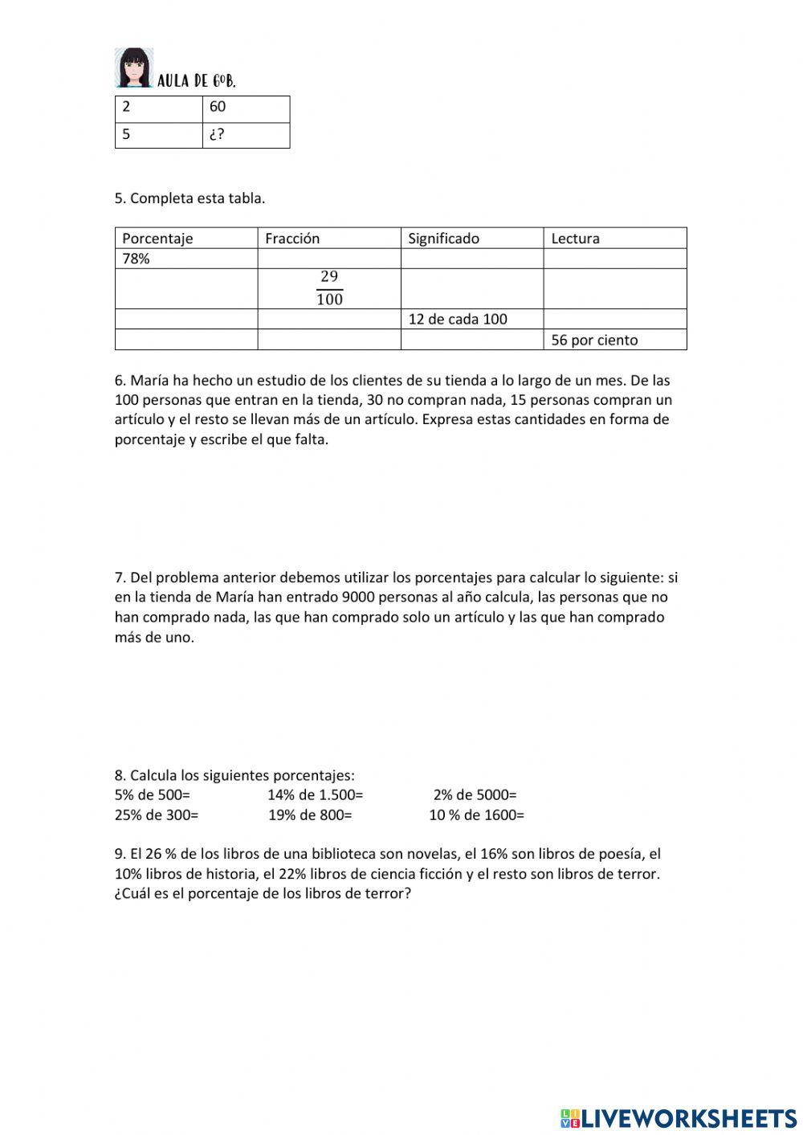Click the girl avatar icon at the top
tap(133, 67)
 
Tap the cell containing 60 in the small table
tap(246, 108)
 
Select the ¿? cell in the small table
tap(246, 135)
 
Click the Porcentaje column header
tap(157, 239)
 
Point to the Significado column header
tap(443, 239)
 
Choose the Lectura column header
tap(575, 239)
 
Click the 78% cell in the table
tap(137, 259)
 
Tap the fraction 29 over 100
tap(329, 288)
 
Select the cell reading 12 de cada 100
tap(458, 319)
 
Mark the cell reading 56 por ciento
tap(594, 340)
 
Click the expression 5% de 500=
tap(153, 795)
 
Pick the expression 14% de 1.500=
tap(316, 795)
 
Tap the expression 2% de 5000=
tap(475, 795)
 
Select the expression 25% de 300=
tap(157, 815)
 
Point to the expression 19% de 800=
tap(310, 815)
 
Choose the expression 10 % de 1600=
tap(476, 815)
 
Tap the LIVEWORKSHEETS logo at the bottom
tap(679, 1117)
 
